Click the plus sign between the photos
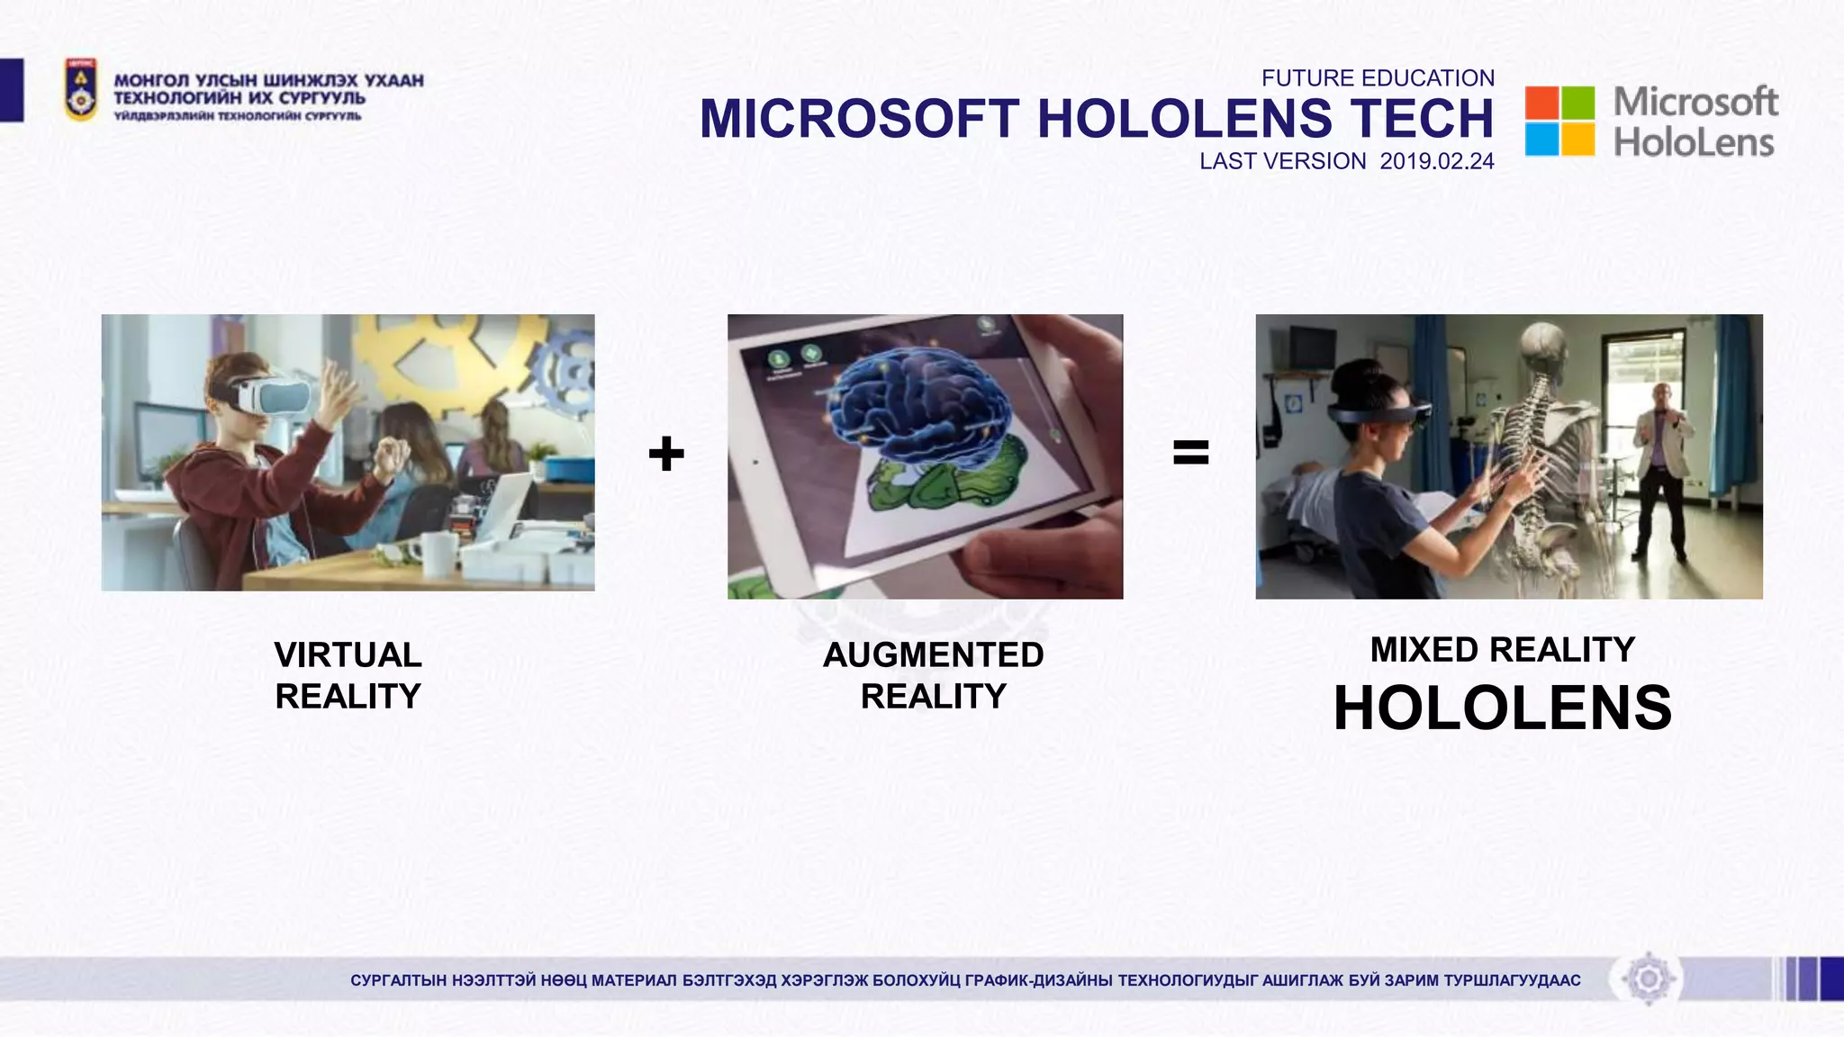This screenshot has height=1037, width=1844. pyautogui.click(x=666, y=453)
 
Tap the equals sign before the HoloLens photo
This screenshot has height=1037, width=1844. pyautogui.click(x=1190, y=452)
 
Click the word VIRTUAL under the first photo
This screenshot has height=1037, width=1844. pyautogui.click(x=348, y=654)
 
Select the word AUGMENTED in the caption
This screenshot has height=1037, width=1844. pyautogui.click(x=933, y=654)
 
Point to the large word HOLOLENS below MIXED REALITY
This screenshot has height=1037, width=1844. pyautogui.click(x=1502, y=708)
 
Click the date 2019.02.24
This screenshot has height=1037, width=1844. pyautogui.click(x=1437, y=161)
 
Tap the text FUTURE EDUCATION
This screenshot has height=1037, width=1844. pyautogui.click(x=1378, y=78)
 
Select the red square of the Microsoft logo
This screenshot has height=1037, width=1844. pyautogui.click(x=1541, y=104)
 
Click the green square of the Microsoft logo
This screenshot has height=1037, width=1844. pyautogui.click(x=1577, y=104)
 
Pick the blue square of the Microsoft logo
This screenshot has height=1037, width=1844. pyautogui.click(x=1541, y=140)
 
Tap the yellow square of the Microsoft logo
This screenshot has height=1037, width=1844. pyautogui.click(x=1577, y=140)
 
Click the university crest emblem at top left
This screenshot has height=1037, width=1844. pyautogui.click(x=80, y=90)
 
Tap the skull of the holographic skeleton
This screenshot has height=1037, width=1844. pyautogui.click(x=1543, y=347)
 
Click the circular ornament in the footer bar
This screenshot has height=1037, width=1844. pyautogui.click(x=1649, y=978)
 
